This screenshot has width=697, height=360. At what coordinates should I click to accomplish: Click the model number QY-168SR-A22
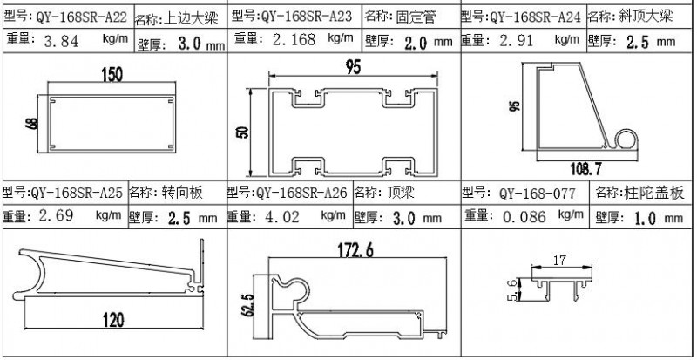click(78, 17)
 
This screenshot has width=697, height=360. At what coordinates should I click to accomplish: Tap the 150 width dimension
click(111, 76)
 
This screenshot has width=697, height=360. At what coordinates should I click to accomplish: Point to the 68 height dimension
click(31, 123)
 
